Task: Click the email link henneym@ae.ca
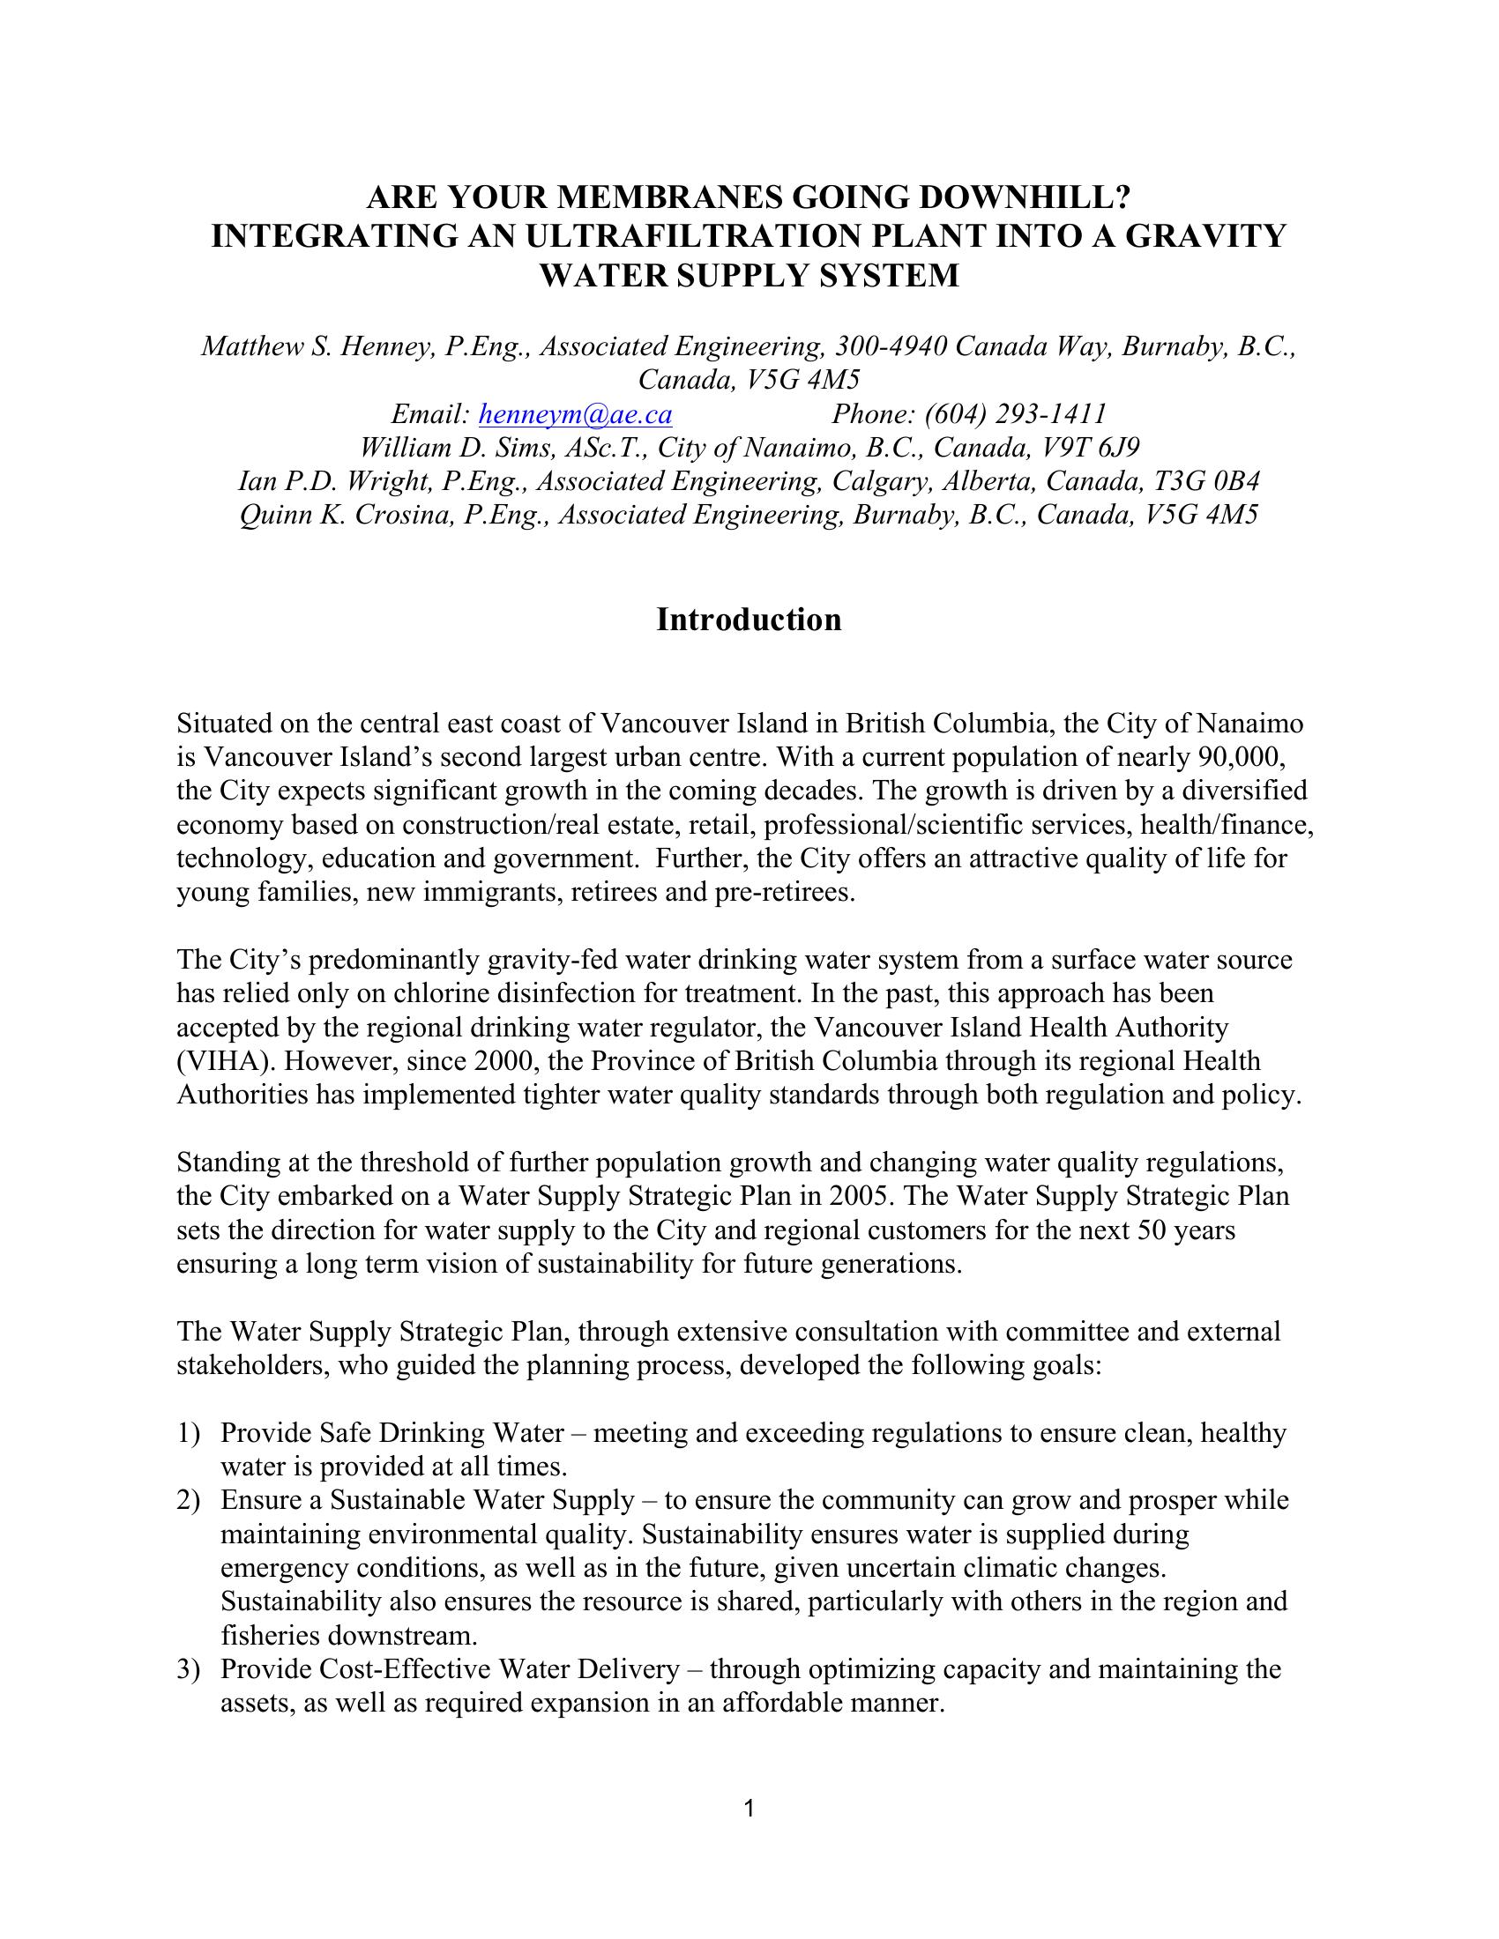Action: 575,413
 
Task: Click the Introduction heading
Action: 749,620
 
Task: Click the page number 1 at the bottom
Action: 749,1808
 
